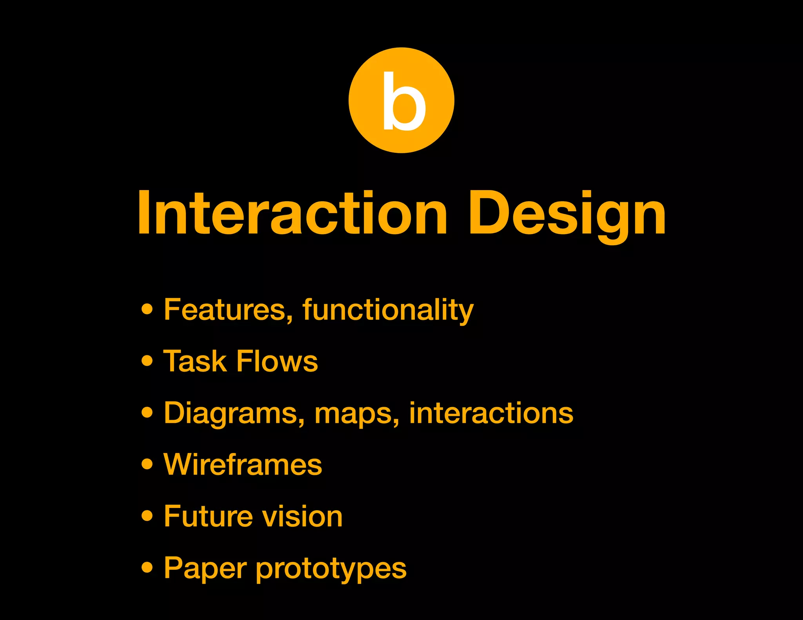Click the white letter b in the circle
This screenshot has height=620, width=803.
[x=403, y=102]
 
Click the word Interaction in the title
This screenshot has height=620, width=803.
[x=292, y=214]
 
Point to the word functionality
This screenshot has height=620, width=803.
[x=388, y=310]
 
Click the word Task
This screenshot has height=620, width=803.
[x=194, y=361]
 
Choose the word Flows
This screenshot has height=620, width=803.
[x=277, y=361]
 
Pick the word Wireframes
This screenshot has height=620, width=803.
[x=243, y=464]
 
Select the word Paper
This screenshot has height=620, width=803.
[x=205, y=568]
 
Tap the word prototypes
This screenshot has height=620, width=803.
[x=331, y=569]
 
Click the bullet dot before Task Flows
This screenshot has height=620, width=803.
[x=147, y=361]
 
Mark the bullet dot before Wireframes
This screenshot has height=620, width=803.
[x=147, y=464]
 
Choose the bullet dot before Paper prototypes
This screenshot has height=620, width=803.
[x=147, y=567]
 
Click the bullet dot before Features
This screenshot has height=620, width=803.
[x=147, y=309]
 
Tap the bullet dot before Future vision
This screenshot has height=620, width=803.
[x=147, y=516]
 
